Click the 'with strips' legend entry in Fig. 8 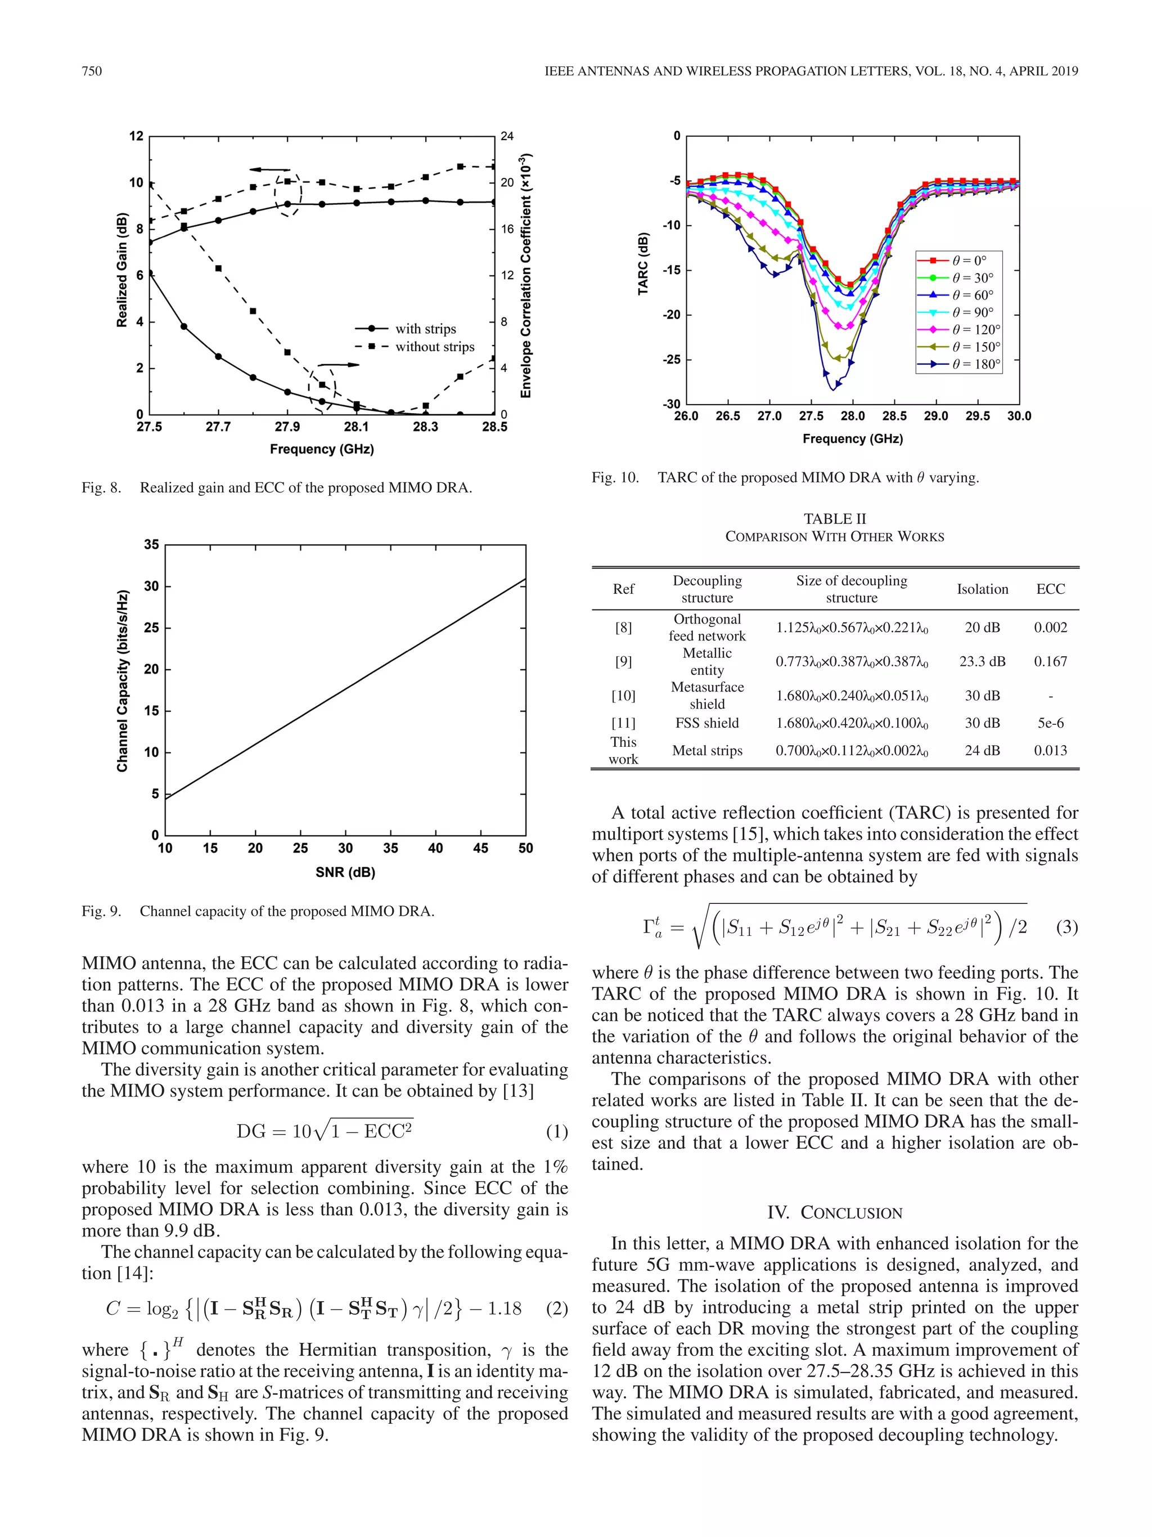click(425, 329)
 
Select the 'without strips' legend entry click(434, 347)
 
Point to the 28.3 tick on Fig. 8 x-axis click(425, 427)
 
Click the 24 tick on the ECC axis click(507, 136)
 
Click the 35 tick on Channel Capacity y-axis click(151, 545)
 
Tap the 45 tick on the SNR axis click(480, 848)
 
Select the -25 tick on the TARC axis click(672, 359)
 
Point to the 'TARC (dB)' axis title click(643, 264)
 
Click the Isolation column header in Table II click(982, 589)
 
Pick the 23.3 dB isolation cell click(982, 661)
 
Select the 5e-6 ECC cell click(1050, 723)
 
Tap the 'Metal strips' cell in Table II click(707, 750)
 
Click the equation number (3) click(1066, 927)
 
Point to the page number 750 click(92, 71)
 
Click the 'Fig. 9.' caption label click(101, 911)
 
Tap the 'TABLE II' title click(834, 519)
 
